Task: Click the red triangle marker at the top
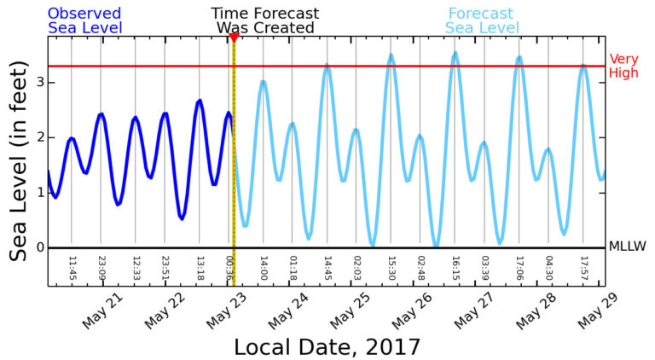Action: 234,38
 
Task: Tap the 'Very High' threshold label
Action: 623,67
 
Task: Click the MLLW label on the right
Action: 627,247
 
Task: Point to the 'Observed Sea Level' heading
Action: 84,20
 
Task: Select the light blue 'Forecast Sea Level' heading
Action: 482,20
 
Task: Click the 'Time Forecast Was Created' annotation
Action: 265,20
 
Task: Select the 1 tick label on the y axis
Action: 38,193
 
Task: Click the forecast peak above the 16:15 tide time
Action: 455,53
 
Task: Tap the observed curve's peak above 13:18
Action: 200,101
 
